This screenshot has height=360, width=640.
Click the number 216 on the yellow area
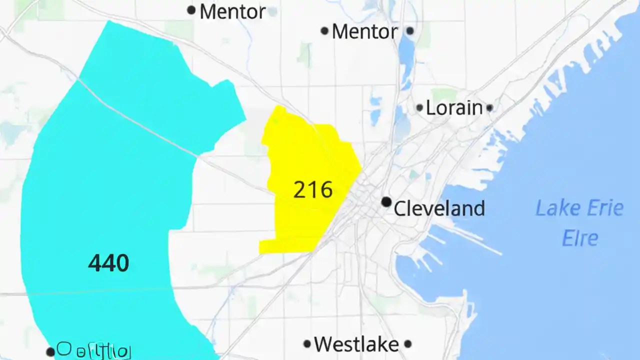[x=313, y=189]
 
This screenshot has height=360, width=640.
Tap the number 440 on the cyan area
[x=108, y=263]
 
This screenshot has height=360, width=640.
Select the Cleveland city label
[x=439, y=208]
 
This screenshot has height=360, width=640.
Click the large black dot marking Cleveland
[x=386, y=201]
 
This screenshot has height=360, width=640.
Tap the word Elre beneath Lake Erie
[x=580, y=237]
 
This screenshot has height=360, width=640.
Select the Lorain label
[x=454, y=108]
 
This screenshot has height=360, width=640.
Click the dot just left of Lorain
[x=419, y=107]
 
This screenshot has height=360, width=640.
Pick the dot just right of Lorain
[x=489, y=107]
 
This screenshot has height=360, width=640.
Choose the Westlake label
[x=356, y=344]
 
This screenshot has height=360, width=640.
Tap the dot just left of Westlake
[x=307, y=344]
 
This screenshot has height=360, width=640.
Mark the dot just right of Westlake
[x=407, y=344]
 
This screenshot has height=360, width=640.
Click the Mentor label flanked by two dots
[x=364, y=32]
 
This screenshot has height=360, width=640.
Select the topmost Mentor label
[x=232, y=11]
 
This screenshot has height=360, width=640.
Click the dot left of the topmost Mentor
[x=191, y=9]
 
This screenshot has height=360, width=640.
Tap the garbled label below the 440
[x=94, y=350]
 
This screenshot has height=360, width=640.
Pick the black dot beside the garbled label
[x=50, y=352]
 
